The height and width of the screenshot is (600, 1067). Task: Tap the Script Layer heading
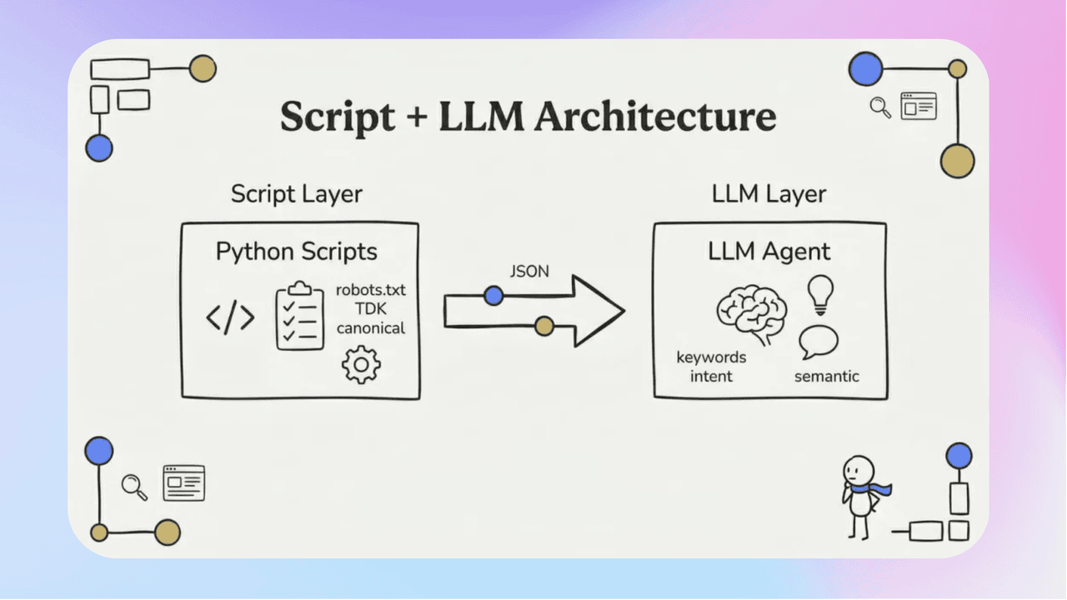(297, 194)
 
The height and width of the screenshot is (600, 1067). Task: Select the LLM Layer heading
(769, 194)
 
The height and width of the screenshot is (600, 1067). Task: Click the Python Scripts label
(296, 251)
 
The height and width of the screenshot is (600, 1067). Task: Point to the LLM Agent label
(769, 251)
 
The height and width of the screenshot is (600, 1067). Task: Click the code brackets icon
(230, 317)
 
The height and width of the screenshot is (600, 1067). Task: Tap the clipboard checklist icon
(300, 317)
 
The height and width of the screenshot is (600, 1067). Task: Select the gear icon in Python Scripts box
(361, 365)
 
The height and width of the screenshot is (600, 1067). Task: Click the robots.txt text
(371, 290)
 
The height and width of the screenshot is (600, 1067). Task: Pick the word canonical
(371, 327)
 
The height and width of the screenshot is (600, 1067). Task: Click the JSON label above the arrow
(529, 272)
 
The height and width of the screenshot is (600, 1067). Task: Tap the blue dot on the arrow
(493, 295)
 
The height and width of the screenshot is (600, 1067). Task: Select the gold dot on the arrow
(544, 326)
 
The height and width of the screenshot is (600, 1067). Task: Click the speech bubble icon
(819, 342)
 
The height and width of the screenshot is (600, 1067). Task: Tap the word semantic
(826, 376)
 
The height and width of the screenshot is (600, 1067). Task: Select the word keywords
(711, 357)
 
